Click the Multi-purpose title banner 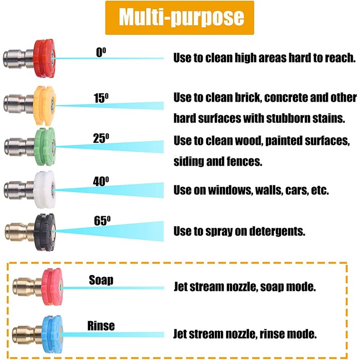click(x=180, y=18)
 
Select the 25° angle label click(x=102, y=138)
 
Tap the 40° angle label click(x=101, y=182)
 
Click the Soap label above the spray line click(x=101, y=280)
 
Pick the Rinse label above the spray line click(x=101, y=325)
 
